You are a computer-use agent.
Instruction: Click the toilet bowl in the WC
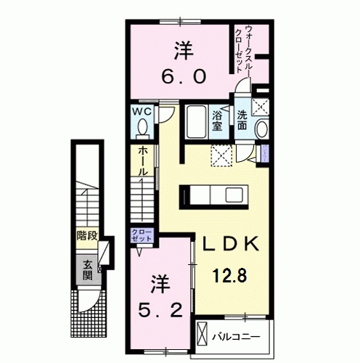click(x=142, y=129)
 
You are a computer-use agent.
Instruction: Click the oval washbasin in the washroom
click(x=261, y=129)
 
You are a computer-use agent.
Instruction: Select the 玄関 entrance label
click(x=87, y=269)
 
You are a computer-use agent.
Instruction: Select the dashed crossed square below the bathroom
click(x=220, y=154)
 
